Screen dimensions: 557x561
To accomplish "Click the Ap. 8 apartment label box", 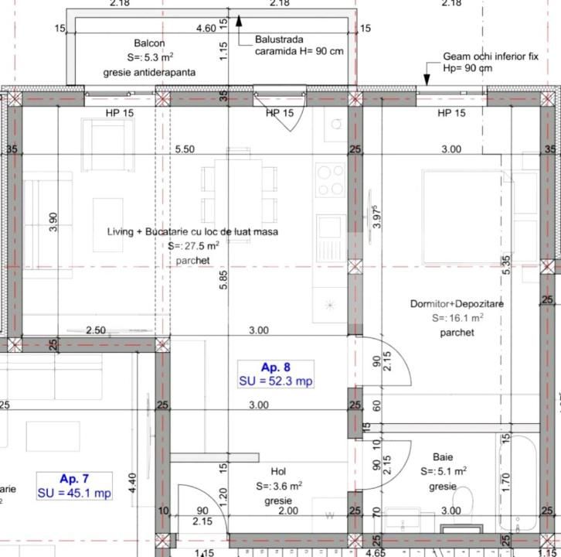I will point(276,374).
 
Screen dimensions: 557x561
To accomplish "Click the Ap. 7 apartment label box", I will point(74,487).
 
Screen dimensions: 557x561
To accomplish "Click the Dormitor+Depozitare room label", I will point(457,304).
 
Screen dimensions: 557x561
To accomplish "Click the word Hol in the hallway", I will point(278,471).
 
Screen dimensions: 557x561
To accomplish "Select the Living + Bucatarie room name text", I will point(192,231).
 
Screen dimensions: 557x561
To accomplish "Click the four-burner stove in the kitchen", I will point(330,179).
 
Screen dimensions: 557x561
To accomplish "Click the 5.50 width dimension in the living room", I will point(185,149).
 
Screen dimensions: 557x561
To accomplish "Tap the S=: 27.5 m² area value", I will point(193,246).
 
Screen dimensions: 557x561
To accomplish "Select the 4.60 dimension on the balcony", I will point(206,29).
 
